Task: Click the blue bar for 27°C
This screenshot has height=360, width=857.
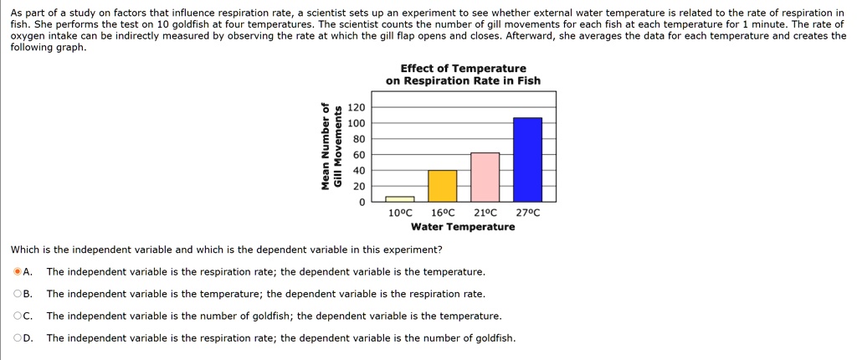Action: point(527,159)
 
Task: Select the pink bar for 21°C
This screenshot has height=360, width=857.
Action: point(485,177)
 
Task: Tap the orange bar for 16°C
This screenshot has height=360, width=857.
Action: point(442,185)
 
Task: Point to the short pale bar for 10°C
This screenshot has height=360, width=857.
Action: point(399,199)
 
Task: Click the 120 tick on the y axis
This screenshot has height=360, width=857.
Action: point(357,108)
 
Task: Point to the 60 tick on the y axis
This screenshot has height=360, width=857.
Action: point(359,155)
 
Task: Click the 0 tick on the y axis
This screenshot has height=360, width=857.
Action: point(362,202)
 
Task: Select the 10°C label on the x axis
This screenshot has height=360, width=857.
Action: point(401,213)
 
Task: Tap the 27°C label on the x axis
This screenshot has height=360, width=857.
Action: point(528,213)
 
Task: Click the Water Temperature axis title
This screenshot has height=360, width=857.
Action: point(463,227)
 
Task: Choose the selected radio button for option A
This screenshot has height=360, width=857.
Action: point(18,272)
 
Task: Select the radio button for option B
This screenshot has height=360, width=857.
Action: point(18,294)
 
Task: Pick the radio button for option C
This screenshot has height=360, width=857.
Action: point(18,316)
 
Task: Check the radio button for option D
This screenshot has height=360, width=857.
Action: point(18,337)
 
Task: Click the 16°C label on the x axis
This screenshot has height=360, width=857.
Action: point(443,213)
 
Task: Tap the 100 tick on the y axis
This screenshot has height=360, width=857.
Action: point(357,124)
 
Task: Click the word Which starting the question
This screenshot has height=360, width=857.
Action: point(24,249)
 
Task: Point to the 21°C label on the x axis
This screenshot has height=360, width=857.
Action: point(485,213)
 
